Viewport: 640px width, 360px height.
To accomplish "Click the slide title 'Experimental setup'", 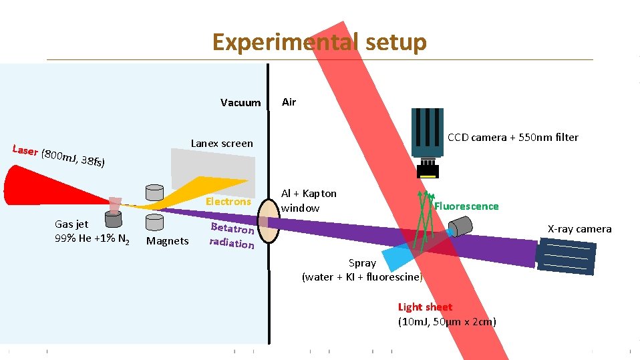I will point(319,42).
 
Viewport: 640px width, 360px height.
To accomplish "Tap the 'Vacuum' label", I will point(241,103).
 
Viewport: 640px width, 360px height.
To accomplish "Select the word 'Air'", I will point(289,102).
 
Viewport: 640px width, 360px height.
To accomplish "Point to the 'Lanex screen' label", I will point(222,143).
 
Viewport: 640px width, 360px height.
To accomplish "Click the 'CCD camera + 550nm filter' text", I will point(512,138).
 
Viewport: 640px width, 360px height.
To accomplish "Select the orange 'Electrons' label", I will point(228,201).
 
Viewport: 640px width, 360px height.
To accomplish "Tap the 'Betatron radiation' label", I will point(232,234).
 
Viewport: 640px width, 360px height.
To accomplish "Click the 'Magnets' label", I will point(167,241).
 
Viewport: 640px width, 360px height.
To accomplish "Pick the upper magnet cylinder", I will point(154,192).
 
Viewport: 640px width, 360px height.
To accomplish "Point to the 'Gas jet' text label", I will point(71,224).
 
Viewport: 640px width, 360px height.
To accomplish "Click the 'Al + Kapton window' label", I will point(309,200).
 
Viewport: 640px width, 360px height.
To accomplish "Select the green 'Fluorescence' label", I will point(466,206).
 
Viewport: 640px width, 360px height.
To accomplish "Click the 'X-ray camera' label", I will point(579,229).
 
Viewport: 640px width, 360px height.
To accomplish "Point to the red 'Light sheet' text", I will point(425,307).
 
